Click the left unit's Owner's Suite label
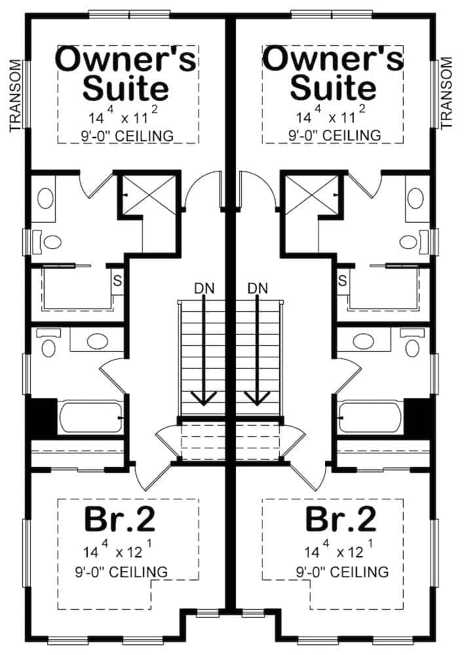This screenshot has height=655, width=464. pos(126,73)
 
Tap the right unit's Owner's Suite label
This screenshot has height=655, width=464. pos(333,73)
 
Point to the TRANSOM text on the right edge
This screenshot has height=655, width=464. pos(448,92)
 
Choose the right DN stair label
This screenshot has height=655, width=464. pos(258,288)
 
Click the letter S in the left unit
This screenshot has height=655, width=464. pos(118,281)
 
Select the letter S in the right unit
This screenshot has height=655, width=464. pos(342,281)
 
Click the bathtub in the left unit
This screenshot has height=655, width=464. pos(90,417)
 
